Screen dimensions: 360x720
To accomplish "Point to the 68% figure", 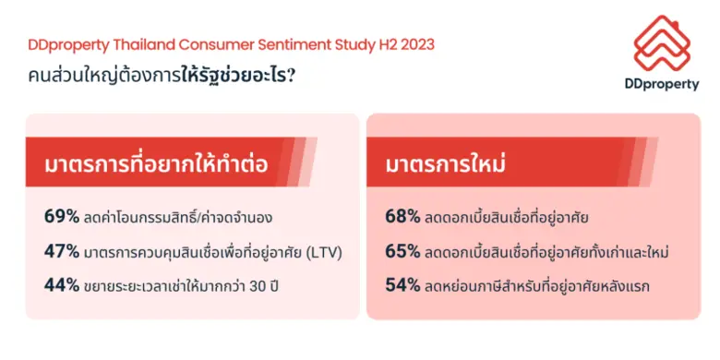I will [402, 217].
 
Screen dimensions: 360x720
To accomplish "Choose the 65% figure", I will [402, 251].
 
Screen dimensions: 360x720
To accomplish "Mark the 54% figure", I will [402, 285].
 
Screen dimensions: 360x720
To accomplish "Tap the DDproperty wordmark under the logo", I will [661, 83].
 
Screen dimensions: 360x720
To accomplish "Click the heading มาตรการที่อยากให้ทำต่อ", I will [156, 165].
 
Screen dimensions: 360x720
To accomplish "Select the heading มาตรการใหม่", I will [450, 165].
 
